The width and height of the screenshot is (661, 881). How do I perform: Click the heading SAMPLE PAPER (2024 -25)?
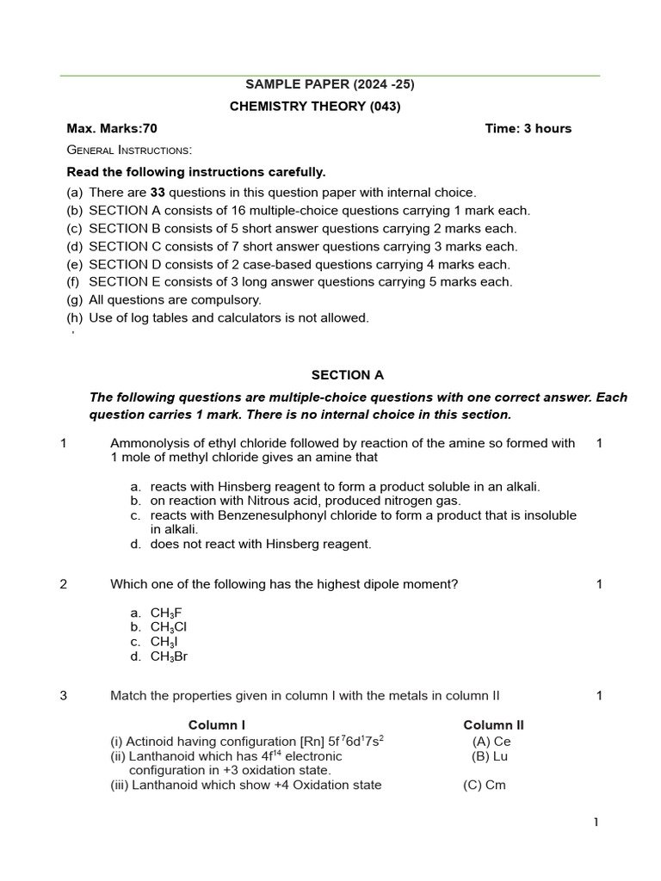tap(324, 84)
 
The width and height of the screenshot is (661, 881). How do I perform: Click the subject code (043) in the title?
tap(385, 107)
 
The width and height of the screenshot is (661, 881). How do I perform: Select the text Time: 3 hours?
tap(528, 129)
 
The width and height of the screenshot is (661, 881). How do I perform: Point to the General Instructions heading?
tap(129, 151)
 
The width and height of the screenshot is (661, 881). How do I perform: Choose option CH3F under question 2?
tap(166, 613)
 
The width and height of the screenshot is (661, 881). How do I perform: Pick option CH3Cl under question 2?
tap(169, 627)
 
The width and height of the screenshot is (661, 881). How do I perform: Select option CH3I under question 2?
tap(164, 642)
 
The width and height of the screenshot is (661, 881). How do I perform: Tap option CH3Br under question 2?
tap(169, 656)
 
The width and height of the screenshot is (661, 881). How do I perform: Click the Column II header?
tap(493, 725)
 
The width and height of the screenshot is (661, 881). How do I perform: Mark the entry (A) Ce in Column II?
tap(491, 742)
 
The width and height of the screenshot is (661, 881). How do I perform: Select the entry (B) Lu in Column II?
tap(491, 756)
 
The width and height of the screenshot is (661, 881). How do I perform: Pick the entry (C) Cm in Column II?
tap(485, 786)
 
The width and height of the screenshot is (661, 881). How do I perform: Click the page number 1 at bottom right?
tap(595, 822)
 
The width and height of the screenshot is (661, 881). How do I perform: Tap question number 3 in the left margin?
tap(64, 696)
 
